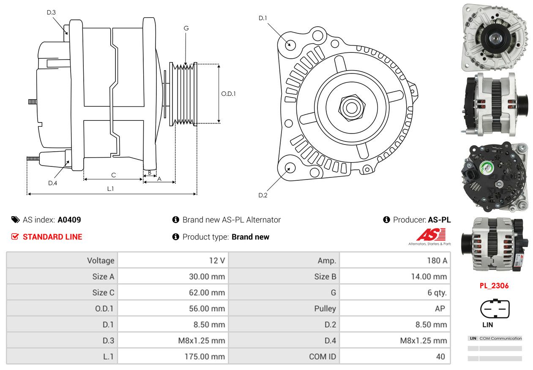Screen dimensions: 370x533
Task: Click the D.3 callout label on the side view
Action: click(51, 12)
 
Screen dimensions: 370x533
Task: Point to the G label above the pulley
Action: click(186, 28)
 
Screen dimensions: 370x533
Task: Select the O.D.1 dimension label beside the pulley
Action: click(228, 94)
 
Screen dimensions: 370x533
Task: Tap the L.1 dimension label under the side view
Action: click(110, 189)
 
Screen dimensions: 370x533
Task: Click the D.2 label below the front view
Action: click(263, 195)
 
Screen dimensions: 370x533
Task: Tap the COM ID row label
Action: click(323, 356)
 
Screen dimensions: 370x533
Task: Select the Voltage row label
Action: click(101, 261)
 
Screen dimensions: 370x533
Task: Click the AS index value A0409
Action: click(69, 220)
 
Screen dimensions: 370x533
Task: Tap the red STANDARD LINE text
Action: click(52, 237)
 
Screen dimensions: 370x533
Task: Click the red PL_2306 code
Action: click(494, 286)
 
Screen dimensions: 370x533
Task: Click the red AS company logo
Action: click(431, 235)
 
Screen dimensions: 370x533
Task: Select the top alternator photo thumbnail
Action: click(494, 37)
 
